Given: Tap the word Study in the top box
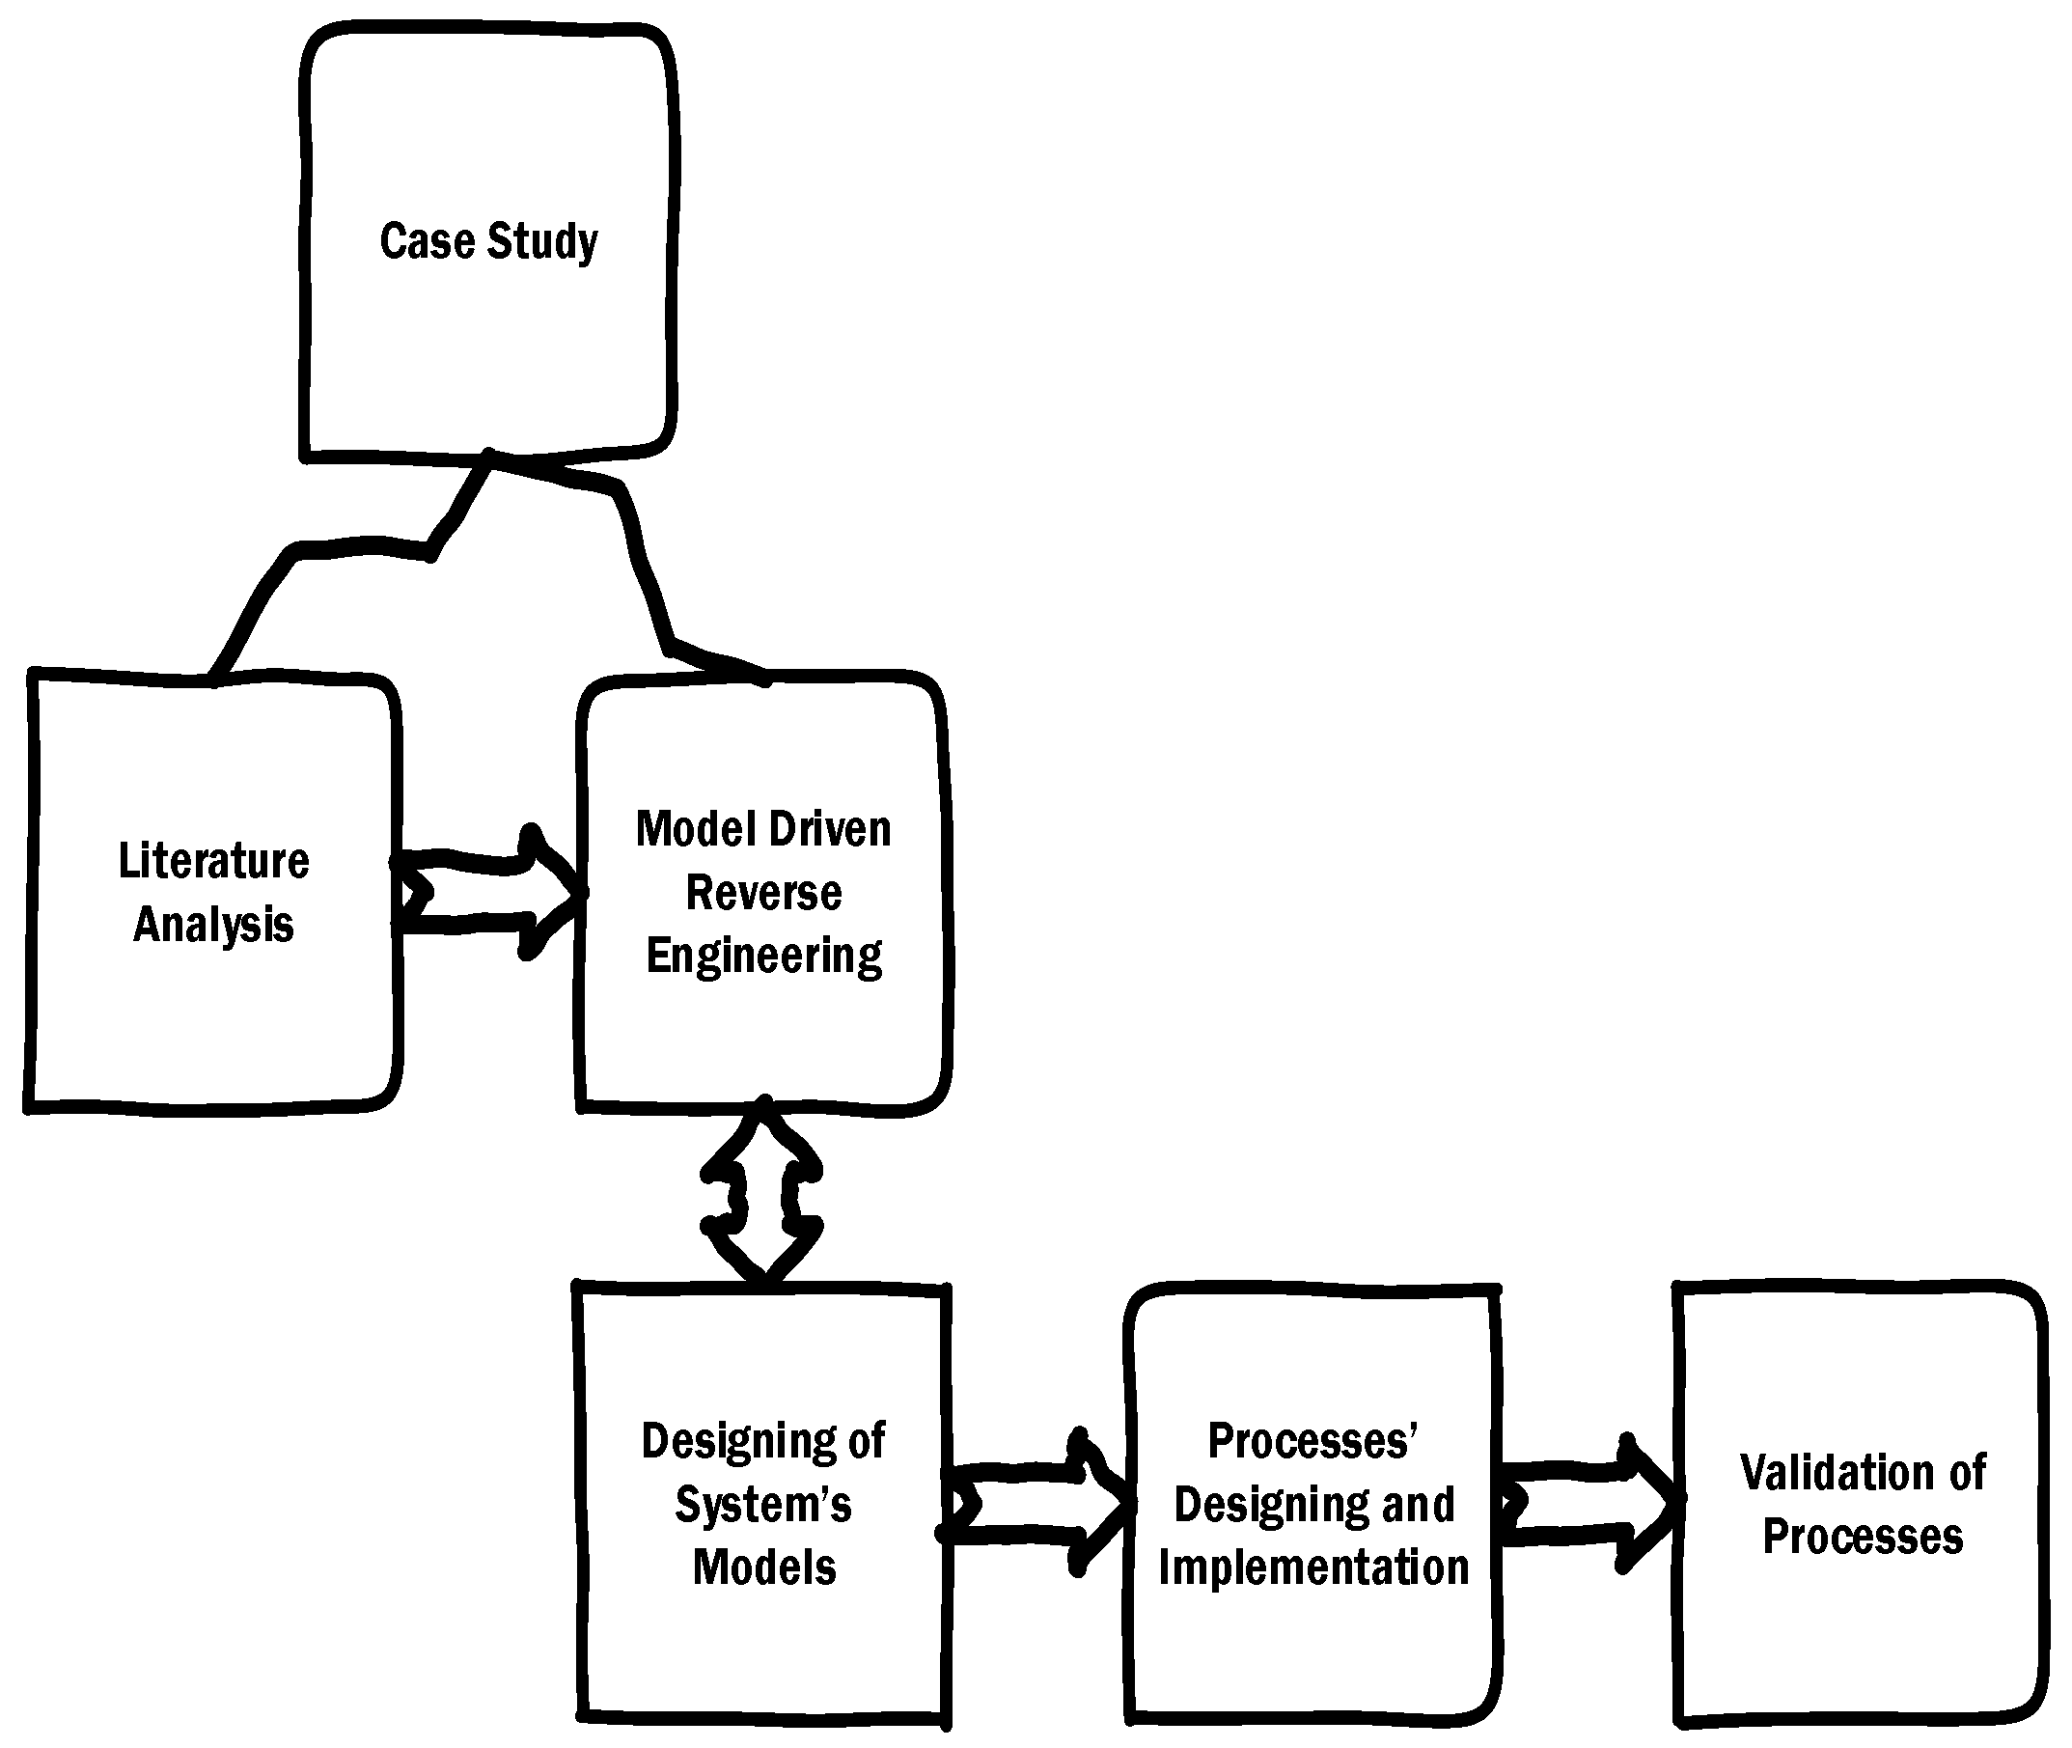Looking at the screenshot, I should click(x=542, y=243).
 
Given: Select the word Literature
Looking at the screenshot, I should click(x=213, y=860).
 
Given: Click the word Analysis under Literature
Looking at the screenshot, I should click(x=213, y=925).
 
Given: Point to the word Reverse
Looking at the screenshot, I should click(x=763, y=892).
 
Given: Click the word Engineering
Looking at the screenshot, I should click(x=763, y=957).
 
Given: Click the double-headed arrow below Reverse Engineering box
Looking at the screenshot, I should click(x=762, y=1197).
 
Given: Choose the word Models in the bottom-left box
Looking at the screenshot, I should click(x=763, y=1568).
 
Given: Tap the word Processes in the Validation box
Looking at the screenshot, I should click(x=1862, y=1537).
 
